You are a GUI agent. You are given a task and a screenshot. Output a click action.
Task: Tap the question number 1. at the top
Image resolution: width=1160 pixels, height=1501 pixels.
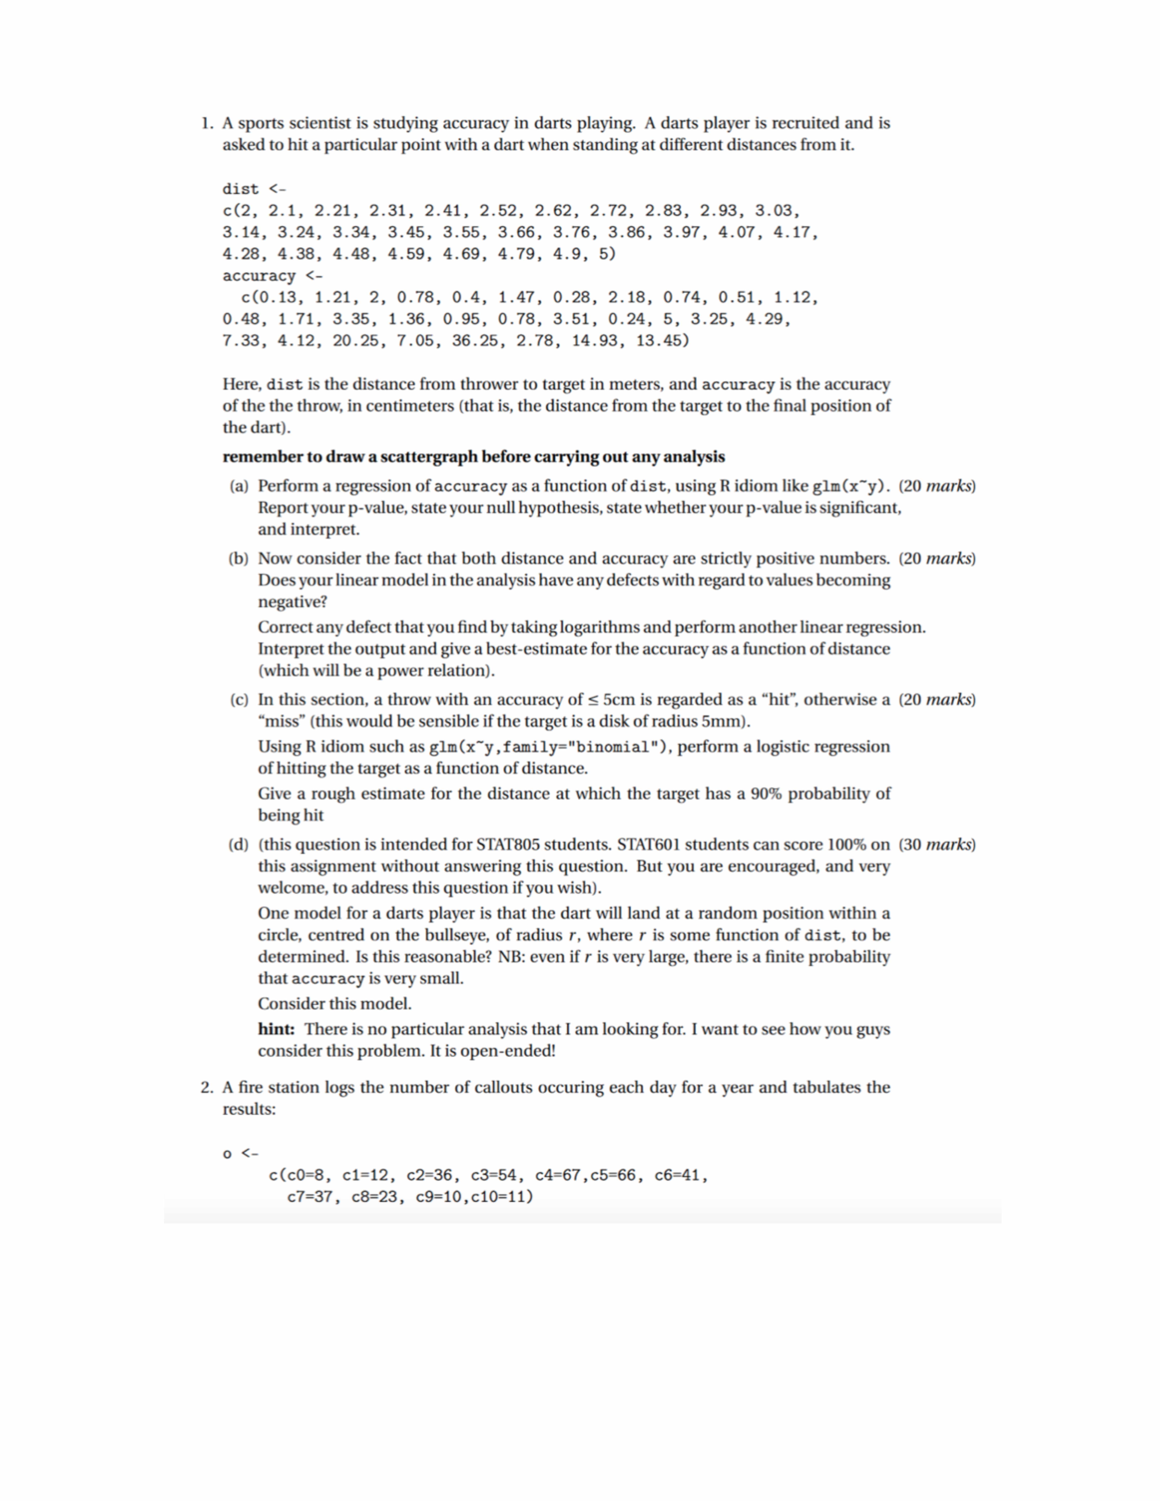click(207, 124)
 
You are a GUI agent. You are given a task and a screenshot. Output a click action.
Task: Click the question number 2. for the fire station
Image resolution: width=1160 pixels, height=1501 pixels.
click(207, 1087)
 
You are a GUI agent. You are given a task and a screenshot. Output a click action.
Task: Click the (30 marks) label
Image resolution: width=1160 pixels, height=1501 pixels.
click(937, 845)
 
